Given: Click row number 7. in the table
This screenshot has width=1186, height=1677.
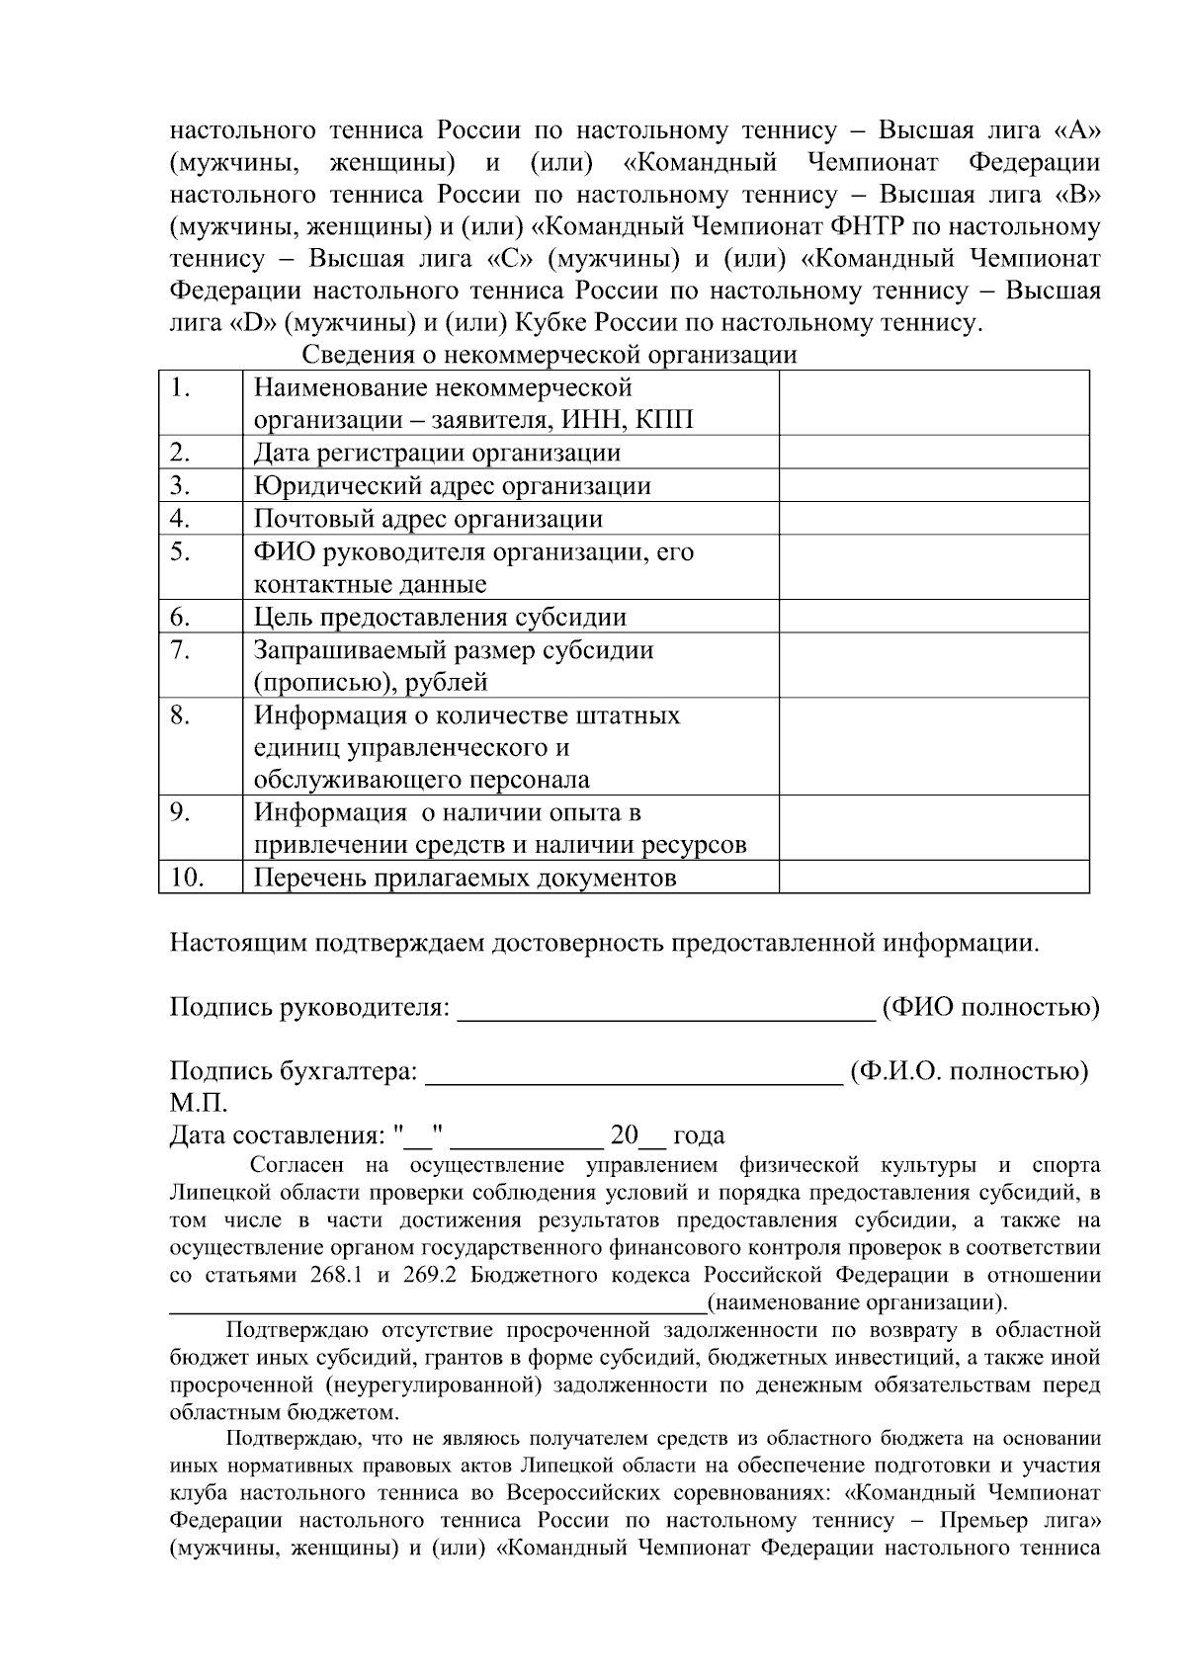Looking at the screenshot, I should (179, 650).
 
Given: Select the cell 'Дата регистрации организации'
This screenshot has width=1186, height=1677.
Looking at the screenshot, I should (437, 454).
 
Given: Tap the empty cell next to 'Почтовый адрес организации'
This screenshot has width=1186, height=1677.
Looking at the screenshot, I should (933, 519).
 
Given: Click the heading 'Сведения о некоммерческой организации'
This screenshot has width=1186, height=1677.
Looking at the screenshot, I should (549, 355).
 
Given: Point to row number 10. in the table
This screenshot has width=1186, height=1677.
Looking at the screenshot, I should (186, 878).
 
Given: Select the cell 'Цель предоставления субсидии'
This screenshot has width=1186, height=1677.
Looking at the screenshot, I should (440, 618).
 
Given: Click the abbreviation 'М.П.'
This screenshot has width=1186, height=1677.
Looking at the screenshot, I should (199, 1104).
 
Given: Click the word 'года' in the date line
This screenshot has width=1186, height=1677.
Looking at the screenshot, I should (699, 1135).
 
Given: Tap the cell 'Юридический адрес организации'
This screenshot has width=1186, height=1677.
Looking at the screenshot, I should (452, 486).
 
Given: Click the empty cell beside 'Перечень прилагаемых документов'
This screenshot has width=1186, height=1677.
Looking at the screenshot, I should (933, 878).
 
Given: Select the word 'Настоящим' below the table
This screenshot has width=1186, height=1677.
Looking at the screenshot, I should (238, 943).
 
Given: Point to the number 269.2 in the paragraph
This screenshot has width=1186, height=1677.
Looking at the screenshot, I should (429, 1275).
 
